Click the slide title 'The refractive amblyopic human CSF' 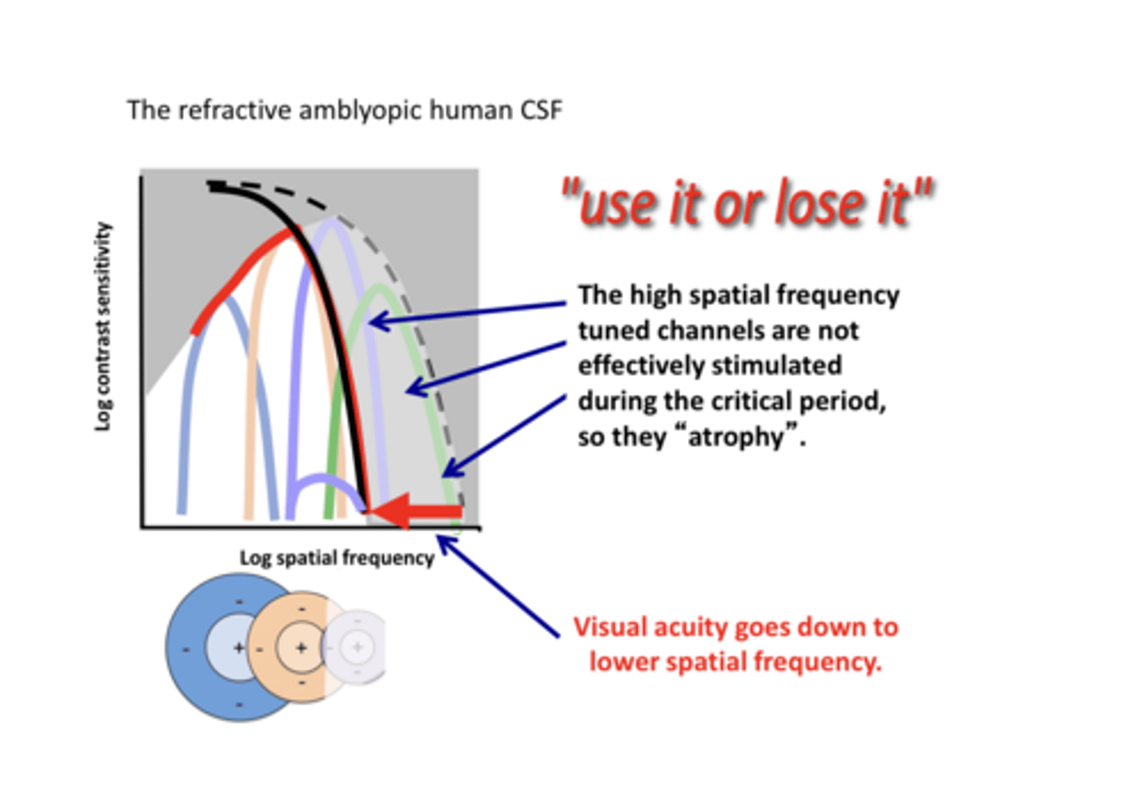click(x=344, y=110)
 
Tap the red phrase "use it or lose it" click(x=747, y=203)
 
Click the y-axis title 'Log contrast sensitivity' click(x=103, y=327)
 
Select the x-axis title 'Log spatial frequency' click(x=337, y=558)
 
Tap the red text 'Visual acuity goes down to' click(x=736, y=627)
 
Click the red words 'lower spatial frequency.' click(x=736, y=662)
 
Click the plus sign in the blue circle click(x=238, y=648)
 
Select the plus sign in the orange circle click(x=301, y=648)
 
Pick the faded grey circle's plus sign click(x=357, y=647)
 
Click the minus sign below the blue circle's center click(x=239, y=704)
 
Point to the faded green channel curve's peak click(x=381, y=288)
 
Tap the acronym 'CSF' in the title click(x=541, y=110)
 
